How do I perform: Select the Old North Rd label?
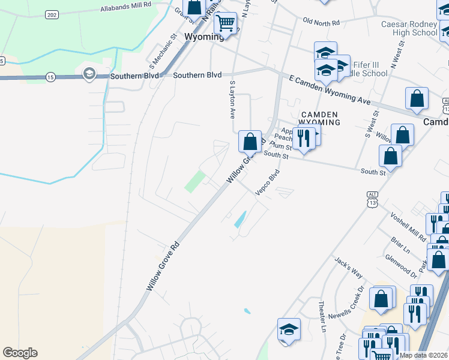tap(321, 22)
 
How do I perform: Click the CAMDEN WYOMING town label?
tap(320, 118)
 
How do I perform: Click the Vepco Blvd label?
tap(267, 182)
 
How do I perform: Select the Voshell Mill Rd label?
tap(408, 224)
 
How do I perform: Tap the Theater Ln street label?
tap(322, 317)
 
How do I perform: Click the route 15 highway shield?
tap(50, 77)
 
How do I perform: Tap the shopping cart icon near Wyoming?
tap(226, 23)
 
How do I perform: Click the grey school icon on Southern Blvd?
tap(89, 74)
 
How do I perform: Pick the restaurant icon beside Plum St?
tap(304, 139)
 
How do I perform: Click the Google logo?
tap(20, 353)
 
